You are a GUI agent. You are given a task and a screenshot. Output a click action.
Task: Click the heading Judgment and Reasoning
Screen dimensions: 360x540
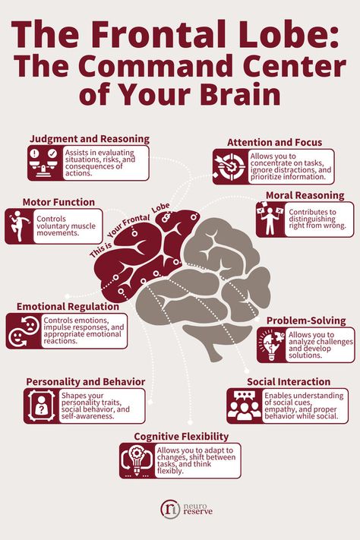(x=90, y=139)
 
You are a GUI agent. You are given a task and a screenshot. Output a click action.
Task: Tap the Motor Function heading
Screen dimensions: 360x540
(x=58, y=202)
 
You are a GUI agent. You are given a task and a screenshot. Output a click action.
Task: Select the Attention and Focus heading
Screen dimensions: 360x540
(x=275, y=143)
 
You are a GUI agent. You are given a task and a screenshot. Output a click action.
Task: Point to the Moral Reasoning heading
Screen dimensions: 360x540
(x=305, y=196)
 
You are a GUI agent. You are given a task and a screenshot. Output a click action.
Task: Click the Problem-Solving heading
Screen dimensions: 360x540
(x=306, y=321)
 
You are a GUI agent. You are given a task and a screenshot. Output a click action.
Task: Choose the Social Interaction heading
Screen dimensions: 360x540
(x=289, y=382)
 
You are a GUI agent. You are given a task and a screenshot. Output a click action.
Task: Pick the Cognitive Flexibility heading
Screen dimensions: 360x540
(x=182, y=437)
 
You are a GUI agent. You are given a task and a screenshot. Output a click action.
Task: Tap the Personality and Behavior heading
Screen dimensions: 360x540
(x=85, y=382)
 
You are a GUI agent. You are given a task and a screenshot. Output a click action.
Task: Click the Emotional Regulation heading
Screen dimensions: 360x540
(x=68, y=307)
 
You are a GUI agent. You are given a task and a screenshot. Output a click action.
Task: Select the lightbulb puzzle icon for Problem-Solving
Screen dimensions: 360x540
(x=272, y=345)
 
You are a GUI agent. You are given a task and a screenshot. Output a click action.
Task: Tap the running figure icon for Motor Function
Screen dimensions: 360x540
(x=18, y=226)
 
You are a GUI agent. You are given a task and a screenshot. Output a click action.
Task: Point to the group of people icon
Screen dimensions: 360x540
(x=245, y=406)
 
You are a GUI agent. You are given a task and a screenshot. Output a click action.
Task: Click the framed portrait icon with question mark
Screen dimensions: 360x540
(x=41, y=406)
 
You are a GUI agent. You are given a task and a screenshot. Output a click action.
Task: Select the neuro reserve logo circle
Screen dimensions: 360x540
(x=170, y=509)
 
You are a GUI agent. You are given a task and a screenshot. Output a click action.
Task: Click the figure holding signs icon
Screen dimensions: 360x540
(x=270, y=219)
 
